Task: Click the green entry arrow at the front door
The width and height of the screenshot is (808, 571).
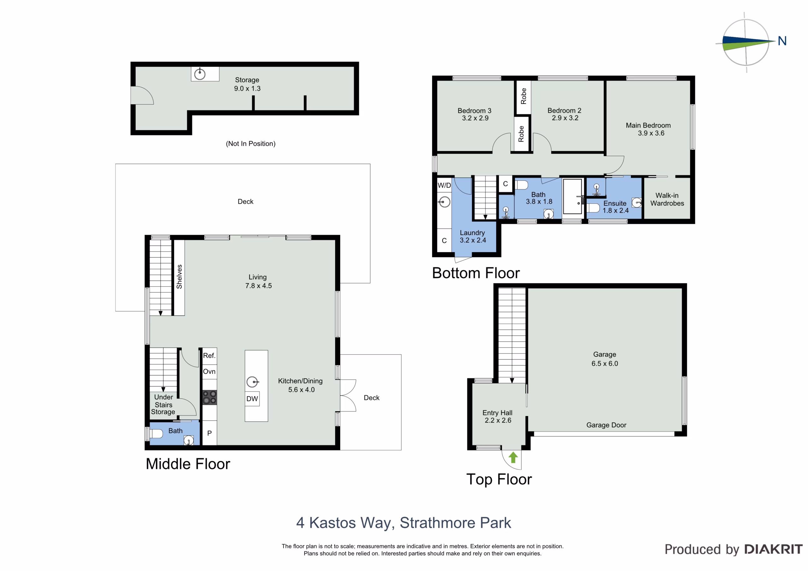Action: coord(513,457)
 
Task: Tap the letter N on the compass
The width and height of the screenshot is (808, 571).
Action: coord(782,41)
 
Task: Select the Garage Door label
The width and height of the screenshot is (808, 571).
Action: coord(606,425)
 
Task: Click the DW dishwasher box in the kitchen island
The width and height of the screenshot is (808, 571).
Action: coord(252,399)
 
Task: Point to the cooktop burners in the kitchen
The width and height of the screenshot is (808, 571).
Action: coord(209,397)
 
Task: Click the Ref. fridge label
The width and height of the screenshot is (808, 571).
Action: coord(209,356)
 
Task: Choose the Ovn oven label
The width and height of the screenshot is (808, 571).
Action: coord(209,372)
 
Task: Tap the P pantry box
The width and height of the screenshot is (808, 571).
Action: coord(209,433)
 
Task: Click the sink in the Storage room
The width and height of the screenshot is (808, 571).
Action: coord(200,74)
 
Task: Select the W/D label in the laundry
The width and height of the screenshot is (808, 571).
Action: coord(444,185)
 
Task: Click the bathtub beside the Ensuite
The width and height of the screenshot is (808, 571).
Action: coord(572,196)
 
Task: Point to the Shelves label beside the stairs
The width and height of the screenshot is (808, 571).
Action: coord(180,277)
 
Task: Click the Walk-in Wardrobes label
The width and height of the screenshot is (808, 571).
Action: coord(667,199)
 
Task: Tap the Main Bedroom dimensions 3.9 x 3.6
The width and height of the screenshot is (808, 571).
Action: coord(651,133)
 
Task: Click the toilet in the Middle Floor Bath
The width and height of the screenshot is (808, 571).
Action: coord(156,434)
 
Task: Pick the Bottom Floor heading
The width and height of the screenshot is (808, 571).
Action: coord(476,273)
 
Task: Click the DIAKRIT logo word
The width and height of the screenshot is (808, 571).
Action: coord(774,549)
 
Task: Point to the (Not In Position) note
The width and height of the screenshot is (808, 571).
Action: coord(251,144)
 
